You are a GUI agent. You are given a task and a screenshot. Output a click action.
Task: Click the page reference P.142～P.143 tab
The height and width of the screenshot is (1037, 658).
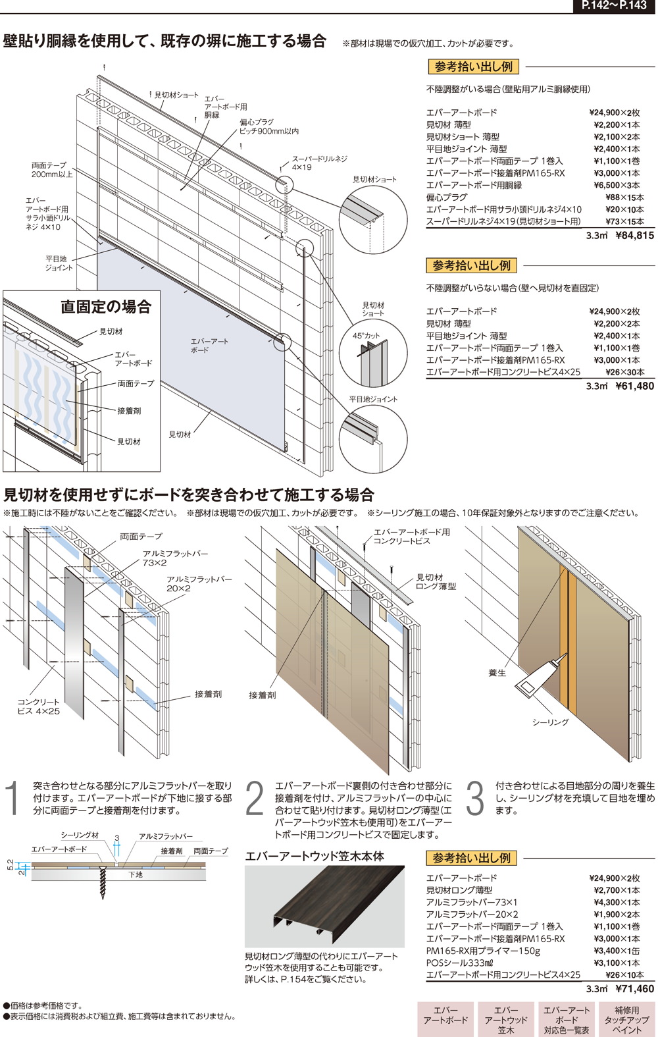coord(614,6)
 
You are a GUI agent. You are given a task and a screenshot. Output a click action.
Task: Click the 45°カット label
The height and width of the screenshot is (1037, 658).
coord(367,336)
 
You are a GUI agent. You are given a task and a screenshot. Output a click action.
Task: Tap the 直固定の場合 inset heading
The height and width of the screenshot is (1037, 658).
coord(106,306)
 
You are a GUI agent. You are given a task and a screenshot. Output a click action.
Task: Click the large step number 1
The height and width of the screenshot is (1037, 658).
coord(13,799)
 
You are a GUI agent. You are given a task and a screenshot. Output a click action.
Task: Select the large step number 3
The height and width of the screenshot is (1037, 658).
coord(474,799)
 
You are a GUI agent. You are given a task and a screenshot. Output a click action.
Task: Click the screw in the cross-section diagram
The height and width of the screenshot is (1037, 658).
coord(103,880)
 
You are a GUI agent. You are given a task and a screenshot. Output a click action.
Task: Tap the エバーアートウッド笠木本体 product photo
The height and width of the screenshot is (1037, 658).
coord(324,905)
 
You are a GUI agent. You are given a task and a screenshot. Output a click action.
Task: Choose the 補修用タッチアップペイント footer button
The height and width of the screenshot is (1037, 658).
coord(626,1019)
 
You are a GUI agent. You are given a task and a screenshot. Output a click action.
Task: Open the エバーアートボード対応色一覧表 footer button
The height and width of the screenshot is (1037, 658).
coord(567,1019)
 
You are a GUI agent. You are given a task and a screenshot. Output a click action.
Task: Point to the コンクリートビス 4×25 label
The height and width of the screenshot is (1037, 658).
coord(38,706)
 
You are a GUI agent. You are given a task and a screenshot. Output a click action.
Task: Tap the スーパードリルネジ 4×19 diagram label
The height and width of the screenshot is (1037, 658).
coord(319,163)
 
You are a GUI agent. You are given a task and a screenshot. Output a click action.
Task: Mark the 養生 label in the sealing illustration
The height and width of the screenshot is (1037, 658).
coord(497,673)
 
